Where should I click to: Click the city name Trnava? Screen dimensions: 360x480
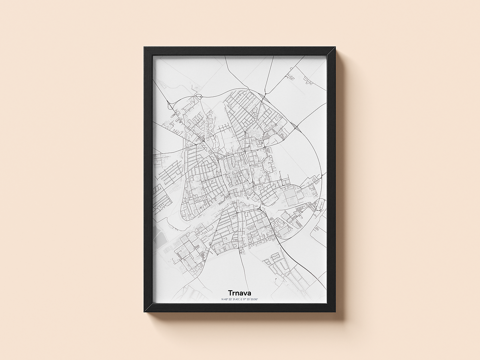[239, 292]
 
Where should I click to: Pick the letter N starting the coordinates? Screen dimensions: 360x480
[222, 299]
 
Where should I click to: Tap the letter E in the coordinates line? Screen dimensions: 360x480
[242, 299]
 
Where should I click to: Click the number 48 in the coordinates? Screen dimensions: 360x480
[226, 299]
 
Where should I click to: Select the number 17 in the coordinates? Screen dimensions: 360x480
[245, 299]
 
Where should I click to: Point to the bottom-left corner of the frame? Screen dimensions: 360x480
[144, 313]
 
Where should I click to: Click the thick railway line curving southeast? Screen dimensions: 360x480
[296, 262]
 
